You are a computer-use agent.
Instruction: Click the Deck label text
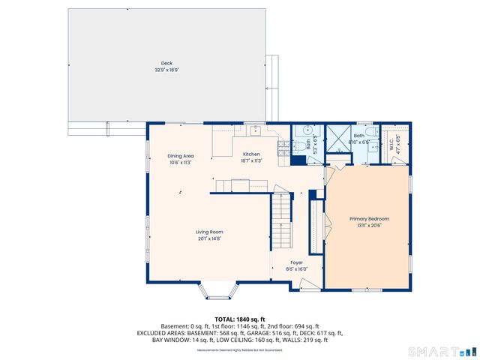tap(166, 63)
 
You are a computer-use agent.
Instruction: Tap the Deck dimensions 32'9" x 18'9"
tap(166, 70)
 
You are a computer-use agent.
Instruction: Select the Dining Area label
tap(181, 156)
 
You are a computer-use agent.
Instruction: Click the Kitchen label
tap(250, 154)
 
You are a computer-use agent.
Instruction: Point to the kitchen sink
tap(255, 130)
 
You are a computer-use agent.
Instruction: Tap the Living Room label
tap(209, 232)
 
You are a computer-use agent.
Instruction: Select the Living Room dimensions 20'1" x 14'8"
tap(209, 239)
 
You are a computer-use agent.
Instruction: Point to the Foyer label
tap(297, 262)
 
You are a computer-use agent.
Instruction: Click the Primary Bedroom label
tap(369, 218)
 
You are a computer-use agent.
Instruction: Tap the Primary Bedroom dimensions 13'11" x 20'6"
tap(369, 225)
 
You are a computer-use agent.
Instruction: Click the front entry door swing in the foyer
tap(303, 286)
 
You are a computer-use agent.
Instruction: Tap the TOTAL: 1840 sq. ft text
tap(240, 319)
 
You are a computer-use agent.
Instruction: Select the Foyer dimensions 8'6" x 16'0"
tap(297, 269)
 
